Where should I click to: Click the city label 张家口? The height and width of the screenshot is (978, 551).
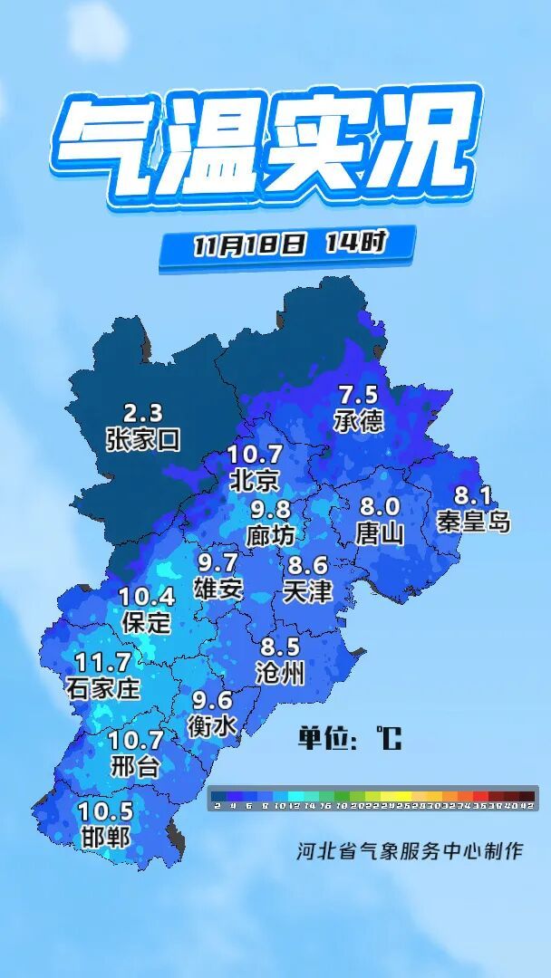pos(143,440)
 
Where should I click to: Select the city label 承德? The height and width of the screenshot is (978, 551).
pos(358,420)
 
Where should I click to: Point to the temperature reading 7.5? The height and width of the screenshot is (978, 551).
pos(358,395)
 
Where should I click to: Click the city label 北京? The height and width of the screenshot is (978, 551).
pos(255,479)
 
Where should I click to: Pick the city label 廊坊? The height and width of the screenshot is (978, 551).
pos(270,535)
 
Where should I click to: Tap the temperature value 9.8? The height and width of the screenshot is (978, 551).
pos(271,510)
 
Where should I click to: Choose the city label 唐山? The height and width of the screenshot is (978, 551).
pos(380,532)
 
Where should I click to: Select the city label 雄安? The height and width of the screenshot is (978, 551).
pos(218,589)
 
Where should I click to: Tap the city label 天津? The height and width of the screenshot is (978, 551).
pos(307,591)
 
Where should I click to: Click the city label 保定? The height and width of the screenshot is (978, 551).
pos(146,622)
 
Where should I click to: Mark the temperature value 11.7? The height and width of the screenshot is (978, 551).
pos(103,662)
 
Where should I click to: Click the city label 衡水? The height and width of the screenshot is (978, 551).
pos(212,725)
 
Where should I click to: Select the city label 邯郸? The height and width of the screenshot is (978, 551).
pos(105,837)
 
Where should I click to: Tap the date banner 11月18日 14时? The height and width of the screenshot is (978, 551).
pos(289,244)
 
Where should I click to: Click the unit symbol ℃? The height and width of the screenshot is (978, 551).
pos(389,739)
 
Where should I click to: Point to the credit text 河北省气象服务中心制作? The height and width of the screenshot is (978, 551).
pos(410,851)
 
